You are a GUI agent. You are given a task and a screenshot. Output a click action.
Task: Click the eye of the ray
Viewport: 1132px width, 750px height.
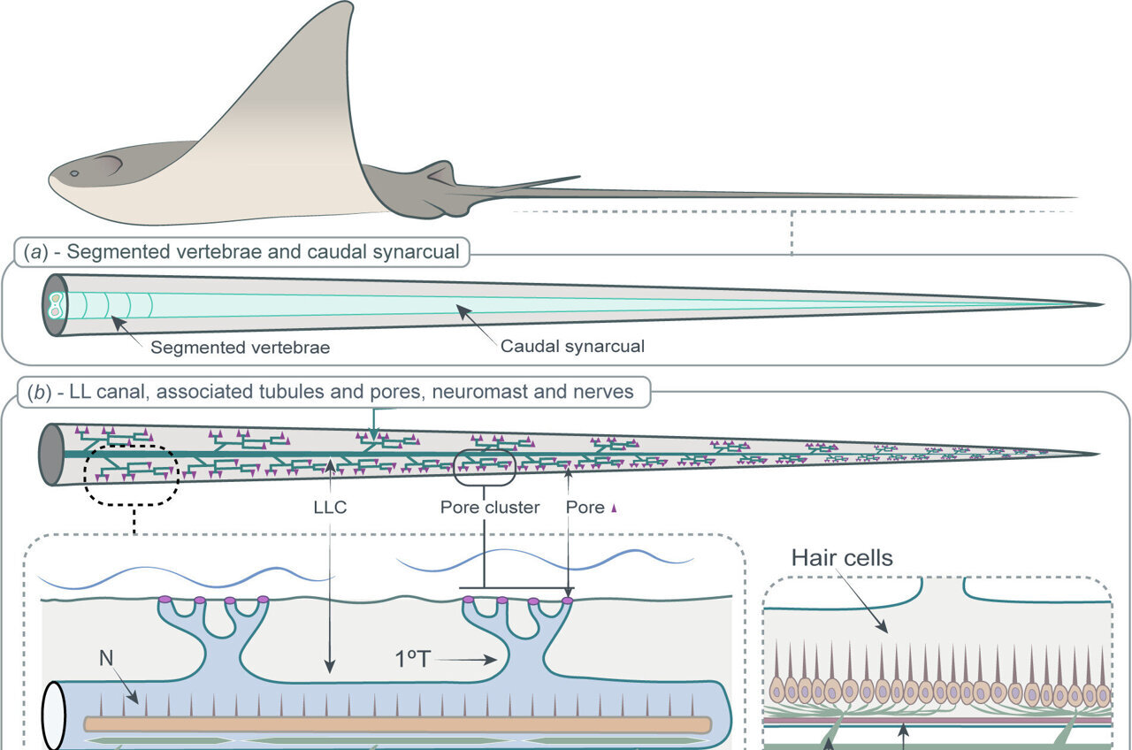(x=74, y=173)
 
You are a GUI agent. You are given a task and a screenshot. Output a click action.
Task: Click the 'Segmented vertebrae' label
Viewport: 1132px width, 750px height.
(x=240, y=348)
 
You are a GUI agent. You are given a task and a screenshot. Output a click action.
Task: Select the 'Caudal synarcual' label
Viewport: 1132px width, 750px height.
(x=572, y=346)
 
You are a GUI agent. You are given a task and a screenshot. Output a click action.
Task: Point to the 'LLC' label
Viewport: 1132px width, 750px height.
(x=329, y=508)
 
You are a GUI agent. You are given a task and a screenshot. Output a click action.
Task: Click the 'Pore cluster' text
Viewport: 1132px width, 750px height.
(x=489, y=508)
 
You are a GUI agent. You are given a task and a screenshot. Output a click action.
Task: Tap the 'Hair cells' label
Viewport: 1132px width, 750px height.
(x=842, y=557)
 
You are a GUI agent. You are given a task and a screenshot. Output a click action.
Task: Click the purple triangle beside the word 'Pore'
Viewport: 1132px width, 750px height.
(x=613, y=508)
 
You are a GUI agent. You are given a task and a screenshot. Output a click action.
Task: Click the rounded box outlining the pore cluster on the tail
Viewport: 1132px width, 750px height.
(x=484, y=466)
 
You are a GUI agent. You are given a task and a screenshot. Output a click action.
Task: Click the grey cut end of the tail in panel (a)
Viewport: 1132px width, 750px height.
(x=54, y=305)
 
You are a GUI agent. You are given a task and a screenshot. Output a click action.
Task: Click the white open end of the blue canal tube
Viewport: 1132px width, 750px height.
(x=55, y=716)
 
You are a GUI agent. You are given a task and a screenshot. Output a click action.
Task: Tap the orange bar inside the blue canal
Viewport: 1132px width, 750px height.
(x=398, y=724)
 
